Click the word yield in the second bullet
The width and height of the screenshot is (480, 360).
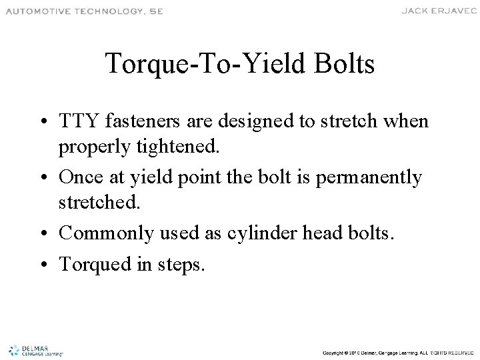pyautogui.click(x=159, y=178)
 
